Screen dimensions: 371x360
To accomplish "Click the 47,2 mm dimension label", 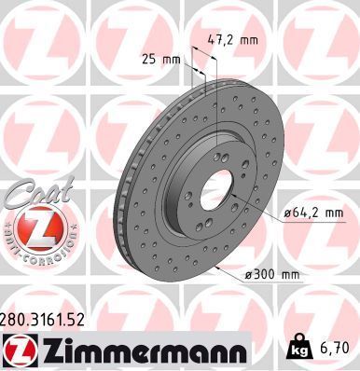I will pos(231,41).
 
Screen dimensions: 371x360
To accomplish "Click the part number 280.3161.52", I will pos(45,319).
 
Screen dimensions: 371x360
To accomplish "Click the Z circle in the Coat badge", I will pos(37,228).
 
